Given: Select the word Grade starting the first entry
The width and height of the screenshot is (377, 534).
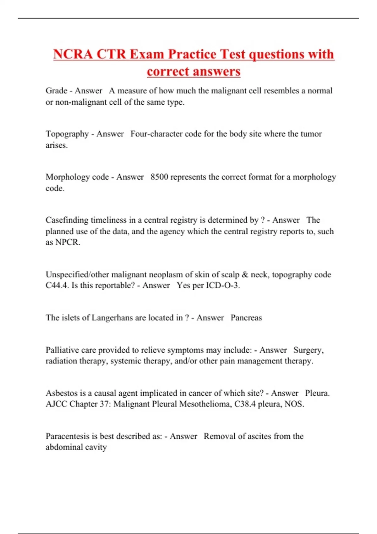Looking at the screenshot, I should pos(57,91).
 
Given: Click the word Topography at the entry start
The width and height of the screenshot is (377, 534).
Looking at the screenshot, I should pos(67,134).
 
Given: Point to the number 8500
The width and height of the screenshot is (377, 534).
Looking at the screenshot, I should pos(159,177).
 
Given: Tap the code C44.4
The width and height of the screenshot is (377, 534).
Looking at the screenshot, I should pos(57,286).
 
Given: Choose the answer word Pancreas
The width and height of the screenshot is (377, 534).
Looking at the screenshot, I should pos(246,318).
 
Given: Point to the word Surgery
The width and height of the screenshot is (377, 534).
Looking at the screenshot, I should pos(308,350).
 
